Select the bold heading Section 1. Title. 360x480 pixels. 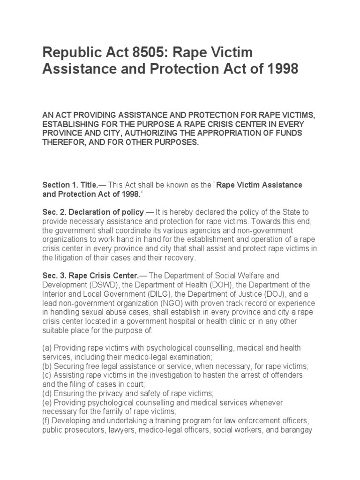click(x=70, y=185)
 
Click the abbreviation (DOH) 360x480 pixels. click(x=241, y=285)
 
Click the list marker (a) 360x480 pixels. click(x=47, y=348)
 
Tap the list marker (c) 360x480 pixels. click(x=47, y=375)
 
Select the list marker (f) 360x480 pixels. click(x=46, y=420)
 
